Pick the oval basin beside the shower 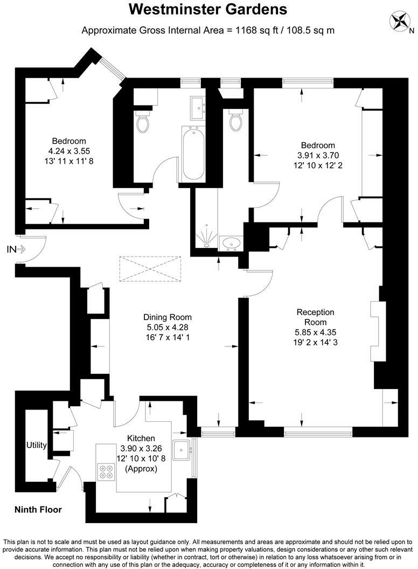click(232, 242)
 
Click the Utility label click(37, 445)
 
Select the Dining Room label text click(167, 317)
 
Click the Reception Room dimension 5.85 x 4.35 click(316, 332)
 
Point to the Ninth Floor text click(38, 510)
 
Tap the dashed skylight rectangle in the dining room click(150, 268)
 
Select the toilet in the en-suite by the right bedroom click(235, 121)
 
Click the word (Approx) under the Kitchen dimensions click(141, 469)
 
